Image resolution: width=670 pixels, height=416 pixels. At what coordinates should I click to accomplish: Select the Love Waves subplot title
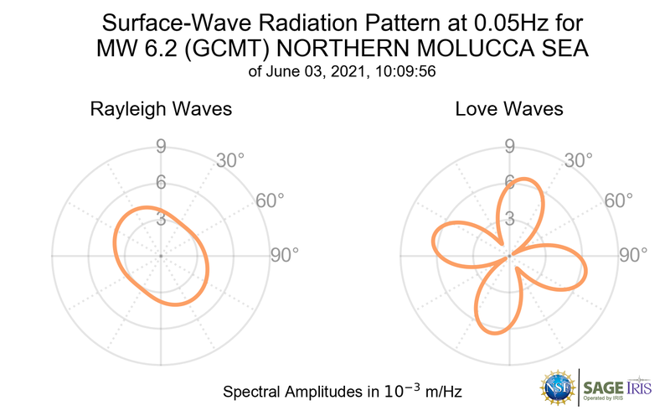click(x=508, y=109)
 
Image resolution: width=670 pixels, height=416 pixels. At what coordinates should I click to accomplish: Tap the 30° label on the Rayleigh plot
click(x=229, y=160)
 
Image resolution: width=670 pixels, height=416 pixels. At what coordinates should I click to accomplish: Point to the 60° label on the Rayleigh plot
click(x=270, y=200)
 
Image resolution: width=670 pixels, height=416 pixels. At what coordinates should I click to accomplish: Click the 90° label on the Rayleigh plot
click(x=284, y=255)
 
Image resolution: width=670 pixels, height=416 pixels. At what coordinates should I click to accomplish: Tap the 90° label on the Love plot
click(x=632, y=255)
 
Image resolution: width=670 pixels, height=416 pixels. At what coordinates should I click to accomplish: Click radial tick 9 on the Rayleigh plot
click(x=160, y=148)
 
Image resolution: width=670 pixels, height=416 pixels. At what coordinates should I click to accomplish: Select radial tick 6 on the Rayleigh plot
click(x=160, y=183)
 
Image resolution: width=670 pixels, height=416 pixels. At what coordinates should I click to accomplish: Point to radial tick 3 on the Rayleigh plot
click(x=160, y=219)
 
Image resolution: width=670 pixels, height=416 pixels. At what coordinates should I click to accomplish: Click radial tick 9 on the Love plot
click(x=508, y=148)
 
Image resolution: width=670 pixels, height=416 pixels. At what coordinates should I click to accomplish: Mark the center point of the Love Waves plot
click(x=508, y=255)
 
